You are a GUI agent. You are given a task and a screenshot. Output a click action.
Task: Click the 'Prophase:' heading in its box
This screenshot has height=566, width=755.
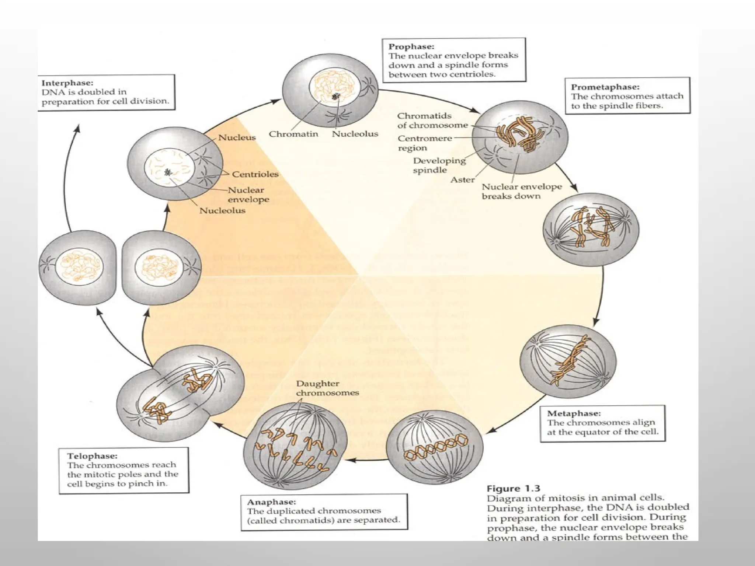(411, 47)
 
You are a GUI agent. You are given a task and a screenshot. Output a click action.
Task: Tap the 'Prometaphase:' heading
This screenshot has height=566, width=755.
(605, 87)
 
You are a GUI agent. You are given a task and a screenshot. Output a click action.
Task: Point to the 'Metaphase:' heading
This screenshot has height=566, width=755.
(574, 413)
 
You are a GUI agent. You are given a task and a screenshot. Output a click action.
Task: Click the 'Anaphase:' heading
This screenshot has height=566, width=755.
(271, 502)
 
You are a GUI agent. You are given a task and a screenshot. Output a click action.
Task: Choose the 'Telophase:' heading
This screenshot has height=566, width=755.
(92, 456)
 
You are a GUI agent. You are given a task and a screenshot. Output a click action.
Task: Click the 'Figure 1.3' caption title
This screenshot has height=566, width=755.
(513, 489)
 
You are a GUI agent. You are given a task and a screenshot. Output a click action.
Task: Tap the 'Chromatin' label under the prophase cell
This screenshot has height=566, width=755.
(293, 134)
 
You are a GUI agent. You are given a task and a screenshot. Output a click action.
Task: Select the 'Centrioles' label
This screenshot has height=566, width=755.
(255, 174)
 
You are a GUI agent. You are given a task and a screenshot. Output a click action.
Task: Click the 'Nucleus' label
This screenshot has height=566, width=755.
(237, 137)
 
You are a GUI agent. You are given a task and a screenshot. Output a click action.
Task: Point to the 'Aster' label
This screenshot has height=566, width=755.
(462, 180)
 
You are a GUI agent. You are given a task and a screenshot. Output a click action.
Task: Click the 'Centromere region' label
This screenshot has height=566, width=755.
(424, 143)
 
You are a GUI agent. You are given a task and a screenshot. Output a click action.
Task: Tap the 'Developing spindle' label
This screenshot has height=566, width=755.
(439, 165)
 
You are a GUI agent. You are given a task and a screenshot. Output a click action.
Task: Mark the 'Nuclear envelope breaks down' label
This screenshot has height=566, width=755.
(521, 191)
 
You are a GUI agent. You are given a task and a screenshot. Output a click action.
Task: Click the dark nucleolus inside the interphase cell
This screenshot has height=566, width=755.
(168, 172)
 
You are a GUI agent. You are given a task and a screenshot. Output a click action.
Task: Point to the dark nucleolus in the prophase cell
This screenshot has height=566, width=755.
(335, 97)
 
